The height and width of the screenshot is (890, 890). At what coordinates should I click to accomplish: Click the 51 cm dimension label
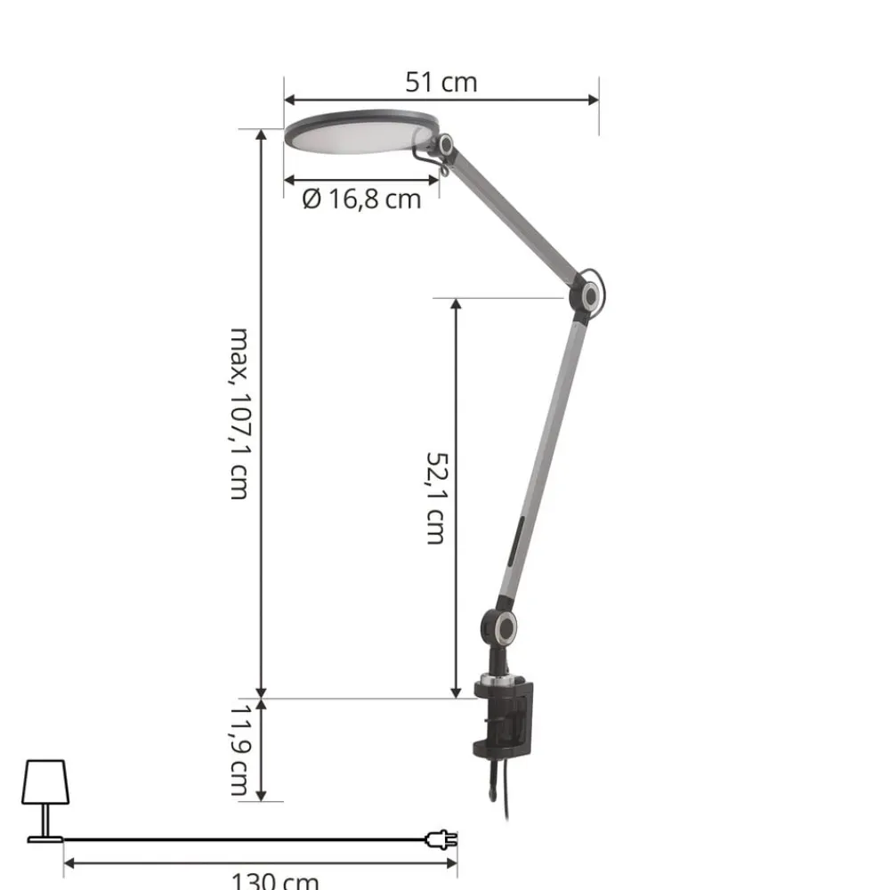click(441, 83)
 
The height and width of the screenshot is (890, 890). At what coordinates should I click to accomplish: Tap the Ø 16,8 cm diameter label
click(361, 198)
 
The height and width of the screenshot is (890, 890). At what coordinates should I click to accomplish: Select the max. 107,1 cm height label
click(238, 413)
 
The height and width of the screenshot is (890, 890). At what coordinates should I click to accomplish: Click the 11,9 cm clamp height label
click(238, 750)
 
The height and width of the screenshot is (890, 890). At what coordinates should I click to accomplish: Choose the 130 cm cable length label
click(275, 880)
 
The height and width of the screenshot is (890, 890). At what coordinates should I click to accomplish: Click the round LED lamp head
click(356, 133)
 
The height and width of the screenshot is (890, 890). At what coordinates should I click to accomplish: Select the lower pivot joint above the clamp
click(500, 627)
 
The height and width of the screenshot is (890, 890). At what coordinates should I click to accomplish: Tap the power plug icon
click(442, 838)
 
